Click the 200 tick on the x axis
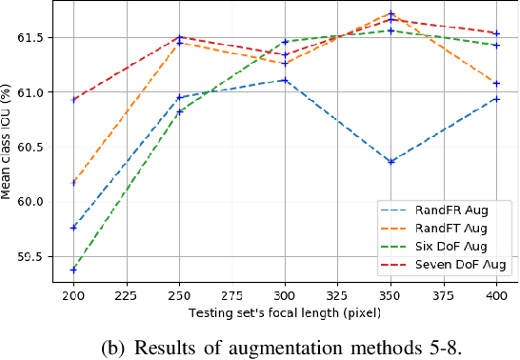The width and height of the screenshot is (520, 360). click(x=73, y=295)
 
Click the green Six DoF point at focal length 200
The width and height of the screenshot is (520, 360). click(x=73, y=270)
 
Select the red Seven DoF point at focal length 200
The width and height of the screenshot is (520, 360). click(x=73, y=100)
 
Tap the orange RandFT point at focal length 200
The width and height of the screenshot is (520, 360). click(x=73, y=182)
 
